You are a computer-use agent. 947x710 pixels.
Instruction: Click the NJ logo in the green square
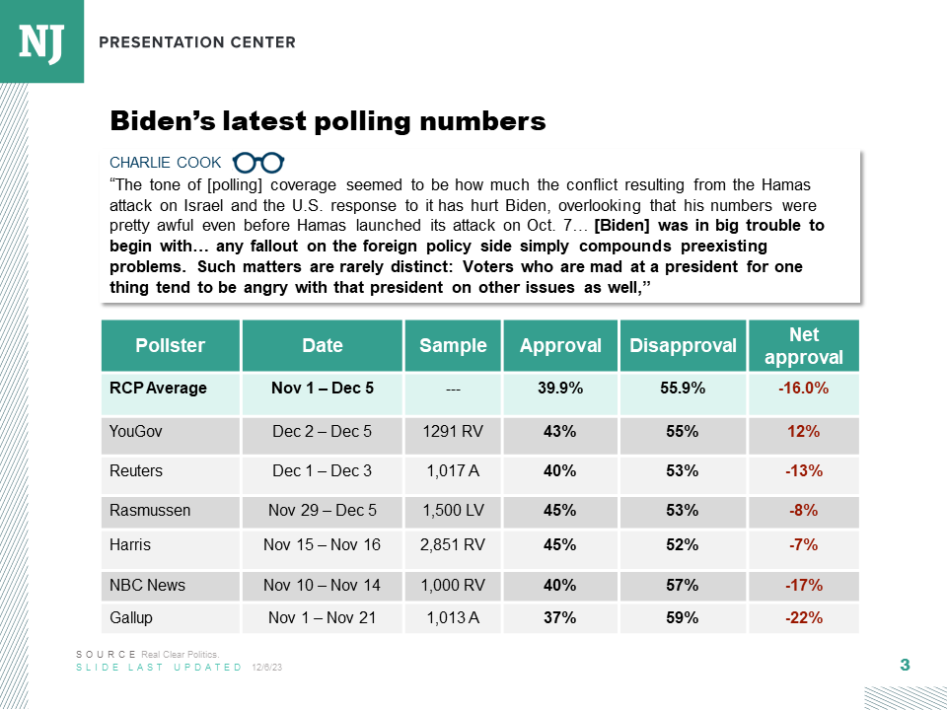(41, 40)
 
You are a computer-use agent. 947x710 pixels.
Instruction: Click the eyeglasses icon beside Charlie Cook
(258, 163)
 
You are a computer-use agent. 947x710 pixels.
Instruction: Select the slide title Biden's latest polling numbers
(328, 121)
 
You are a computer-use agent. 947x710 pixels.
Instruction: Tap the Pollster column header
(171, 345)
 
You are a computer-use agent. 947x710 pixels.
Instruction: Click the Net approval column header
(803, 345)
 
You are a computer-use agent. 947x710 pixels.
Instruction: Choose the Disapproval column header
(683, 345)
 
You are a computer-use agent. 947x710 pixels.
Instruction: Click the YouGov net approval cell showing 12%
(803, 431)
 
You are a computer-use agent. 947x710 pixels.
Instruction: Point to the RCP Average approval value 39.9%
(560, 388)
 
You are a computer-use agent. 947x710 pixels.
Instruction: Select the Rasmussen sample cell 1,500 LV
(453, 510)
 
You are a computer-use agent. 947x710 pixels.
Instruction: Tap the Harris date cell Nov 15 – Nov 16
(322, 544)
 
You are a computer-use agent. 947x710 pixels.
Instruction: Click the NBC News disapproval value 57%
(683, 585)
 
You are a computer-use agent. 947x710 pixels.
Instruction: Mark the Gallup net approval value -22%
(803, 618)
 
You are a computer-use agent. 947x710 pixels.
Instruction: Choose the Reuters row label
(136, 470)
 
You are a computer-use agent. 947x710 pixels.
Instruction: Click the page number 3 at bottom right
(905, 666)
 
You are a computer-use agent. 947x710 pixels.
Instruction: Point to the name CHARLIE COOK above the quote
(166, 163)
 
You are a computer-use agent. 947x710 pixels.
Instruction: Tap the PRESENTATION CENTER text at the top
(197, 42)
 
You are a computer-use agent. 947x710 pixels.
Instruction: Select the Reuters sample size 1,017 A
(453, 470)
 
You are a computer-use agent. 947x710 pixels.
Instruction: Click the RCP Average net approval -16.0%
(803, 388)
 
